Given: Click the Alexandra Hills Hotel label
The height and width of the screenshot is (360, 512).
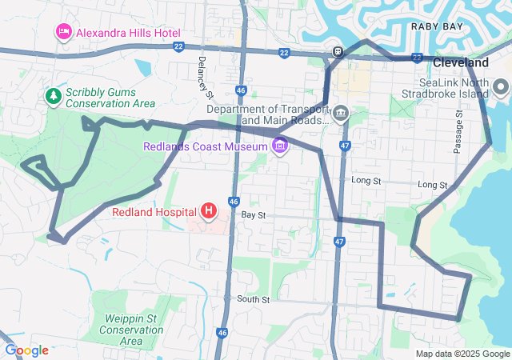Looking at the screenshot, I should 128,33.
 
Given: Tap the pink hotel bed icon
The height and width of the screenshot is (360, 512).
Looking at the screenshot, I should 63,33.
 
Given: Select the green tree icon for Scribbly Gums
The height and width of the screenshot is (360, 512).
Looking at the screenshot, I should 54,96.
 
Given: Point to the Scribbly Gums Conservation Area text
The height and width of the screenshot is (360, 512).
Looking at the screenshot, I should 110,96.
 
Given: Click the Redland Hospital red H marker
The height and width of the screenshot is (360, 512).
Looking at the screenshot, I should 209,211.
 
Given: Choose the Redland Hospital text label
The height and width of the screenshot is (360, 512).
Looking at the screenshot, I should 154,212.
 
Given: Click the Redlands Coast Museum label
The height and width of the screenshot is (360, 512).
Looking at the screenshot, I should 206,146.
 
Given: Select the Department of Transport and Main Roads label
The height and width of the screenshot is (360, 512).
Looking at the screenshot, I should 267,114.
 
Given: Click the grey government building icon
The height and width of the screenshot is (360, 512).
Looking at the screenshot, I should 341,112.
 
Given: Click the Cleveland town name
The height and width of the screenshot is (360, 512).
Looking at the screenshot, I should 461,62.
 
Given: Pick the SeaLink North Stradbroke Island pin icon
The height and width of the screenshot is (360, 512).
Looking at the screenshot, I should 502,87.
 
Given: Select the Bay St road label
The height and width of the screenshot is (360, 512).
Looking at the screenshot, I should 253,216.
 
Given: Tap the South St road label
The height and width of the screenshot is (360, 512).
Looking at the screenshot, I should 254,299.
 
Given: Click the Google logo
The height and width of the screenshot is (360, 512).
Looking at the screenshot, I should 26,350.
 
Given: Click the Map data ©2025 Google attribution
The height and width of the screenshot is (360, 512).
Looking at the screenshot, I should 462,354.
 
